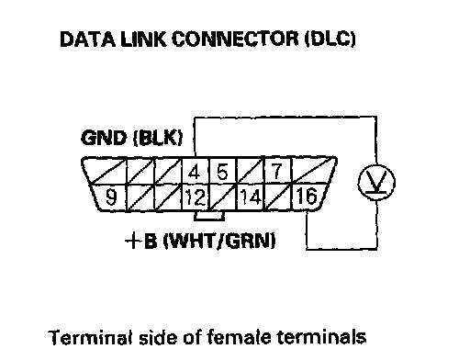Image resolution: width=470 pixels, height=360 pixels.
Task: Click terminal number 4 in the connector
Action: click(194, 172)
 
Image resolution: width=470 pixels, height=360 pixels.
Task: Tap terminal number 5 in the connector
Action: click(222, 172)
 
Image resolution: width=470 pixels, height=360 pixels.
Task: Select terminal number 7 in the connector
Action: click(277, 172)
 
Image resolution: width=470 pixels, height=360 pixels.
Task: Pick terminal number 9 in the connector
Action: click(111, 197)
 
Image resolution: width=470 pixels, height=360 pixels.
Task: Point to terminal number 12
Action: click(196, 197)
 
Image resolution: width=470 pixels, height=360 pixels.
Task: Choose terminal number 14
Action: click(251, 197)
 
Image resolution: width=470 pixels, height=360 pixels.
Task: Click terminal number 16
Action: click(307, 197)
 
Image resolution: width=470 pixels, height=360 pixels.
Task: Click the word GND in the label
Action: click(104, 138)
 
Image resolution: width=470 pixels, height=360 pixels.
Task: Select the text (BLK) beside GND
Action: click(158, 138)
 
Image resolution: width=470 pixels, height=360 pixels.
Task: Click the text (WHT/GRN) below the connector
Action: click(219, 241)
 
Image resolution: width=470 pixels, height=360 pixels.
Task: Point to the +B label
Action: click(141, 241)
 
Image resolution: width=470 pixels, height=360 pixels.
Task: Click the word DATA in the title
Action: click(88, 39)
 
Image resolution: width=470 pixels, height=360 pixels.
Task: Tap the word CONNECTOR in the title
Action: click(235, 39)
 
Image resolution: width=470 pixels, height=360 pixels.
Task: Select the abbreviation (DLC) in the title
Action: click(330, 39)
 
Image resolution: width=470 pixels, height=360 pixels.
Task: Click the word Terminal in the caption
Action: click(92, 337)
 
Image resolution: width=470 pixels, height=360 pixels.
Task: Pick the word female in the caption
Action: click(239, 337)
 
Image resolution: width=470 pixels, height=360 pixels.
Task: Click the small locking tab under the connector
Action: click(209, 216)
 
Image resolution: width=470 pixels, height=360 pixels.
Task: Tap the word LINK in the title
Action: click(143, 39)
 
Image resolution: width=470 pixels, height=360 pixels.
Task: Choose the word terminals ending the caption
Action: click(321, 337)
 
